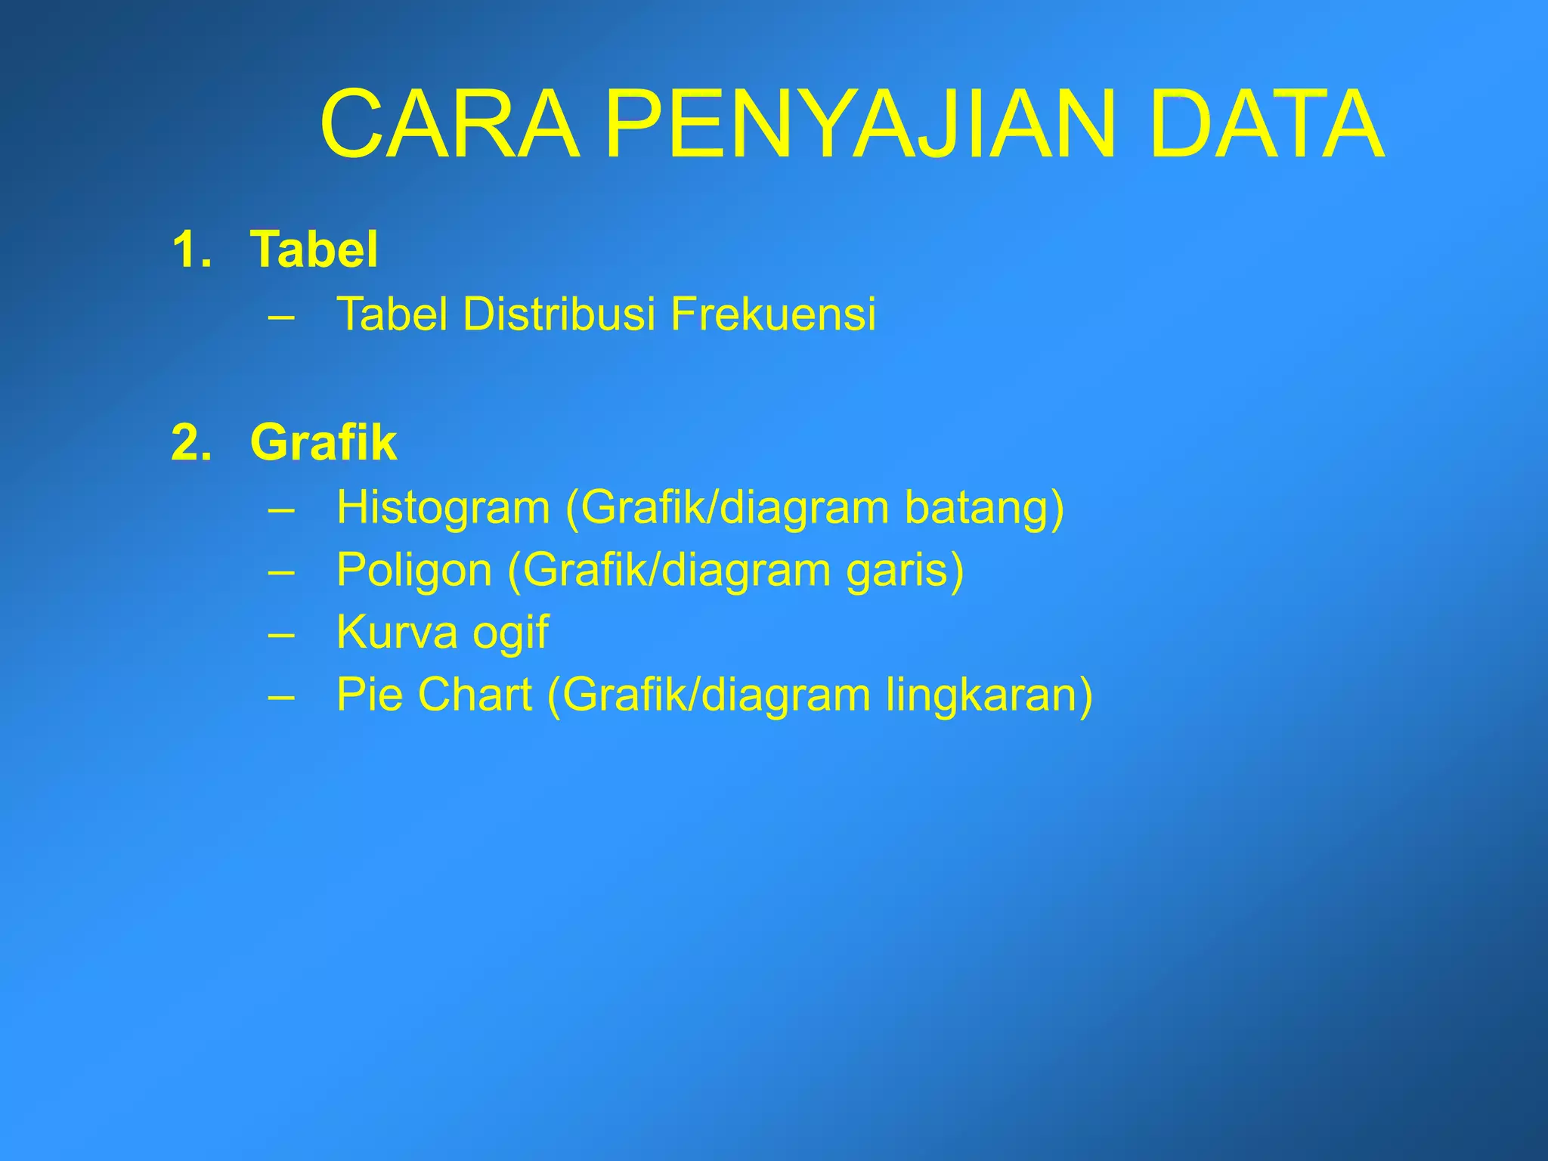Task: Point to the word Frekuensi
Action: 772,314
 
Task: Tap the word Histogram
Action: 443,507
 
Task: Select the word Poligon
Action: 414,571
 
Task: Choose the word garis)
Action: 905,571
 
